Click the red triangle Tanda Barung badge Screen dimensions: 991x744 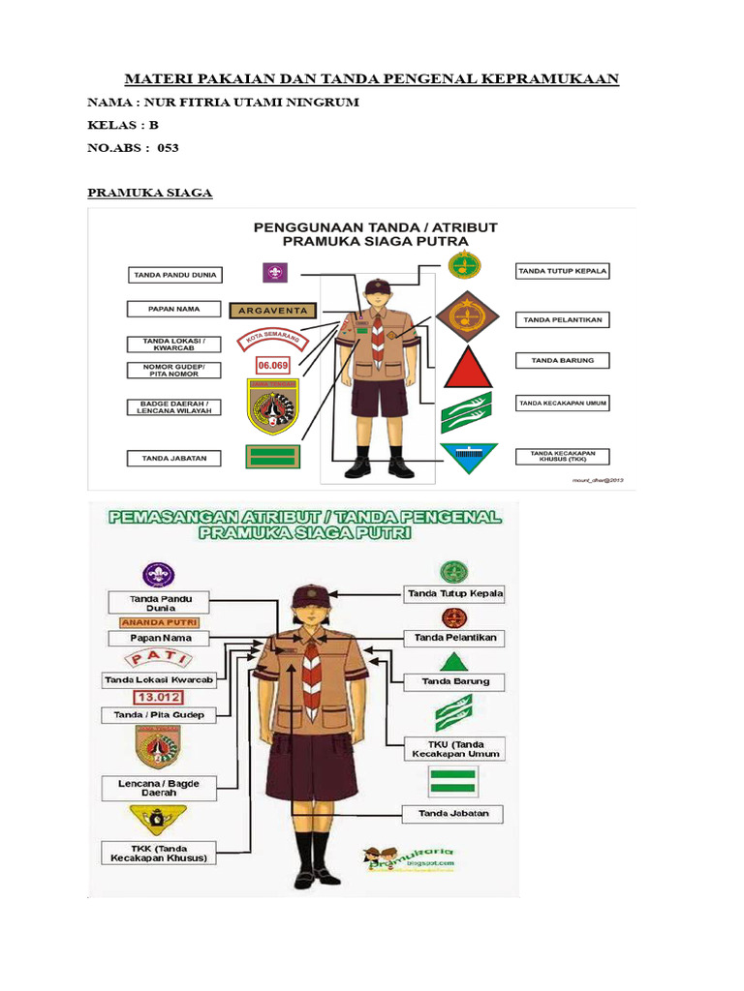coord(469,369)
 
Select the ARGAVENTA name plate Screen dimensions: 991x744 coord(273,311)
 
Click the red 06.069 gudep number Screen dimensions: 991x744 coord(272,365)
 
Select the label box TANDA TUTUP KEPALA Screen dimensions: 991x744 coord(562,271)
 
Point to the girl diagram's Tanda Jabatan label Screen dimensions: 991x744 coord(453,813)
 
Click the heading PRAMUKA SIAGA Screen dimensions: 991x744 coord(150,193)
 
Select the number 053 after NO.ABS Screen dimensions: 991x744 coord(169,148)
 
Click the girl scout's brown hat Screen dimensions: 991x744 coord(311,593)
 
